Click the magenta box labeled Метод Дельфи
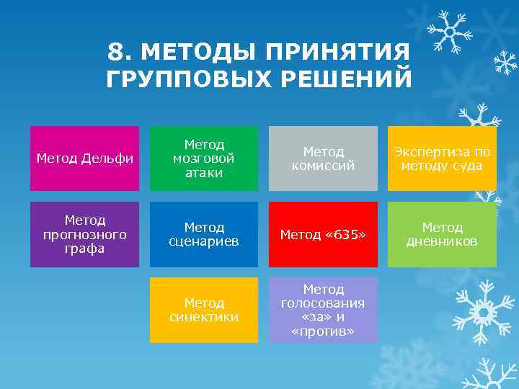point(84,158)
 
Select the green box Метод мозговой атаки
point(204,158)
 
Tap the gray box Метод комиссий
point(323,158)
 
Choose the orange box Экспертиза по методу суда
point(442,158)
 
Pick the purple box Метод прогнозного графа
point(84,234)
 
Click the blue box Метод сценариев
point(204,234)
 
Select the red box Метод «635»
point(323,234)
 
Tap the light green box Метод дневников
point(442,234)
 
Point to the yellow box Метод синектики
point(204,310)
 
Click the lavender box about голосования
point(323,310)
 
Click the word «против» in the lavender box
point(323,331)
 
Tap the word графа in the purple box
point(84,249)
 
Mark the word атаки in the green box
point(204,173)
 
